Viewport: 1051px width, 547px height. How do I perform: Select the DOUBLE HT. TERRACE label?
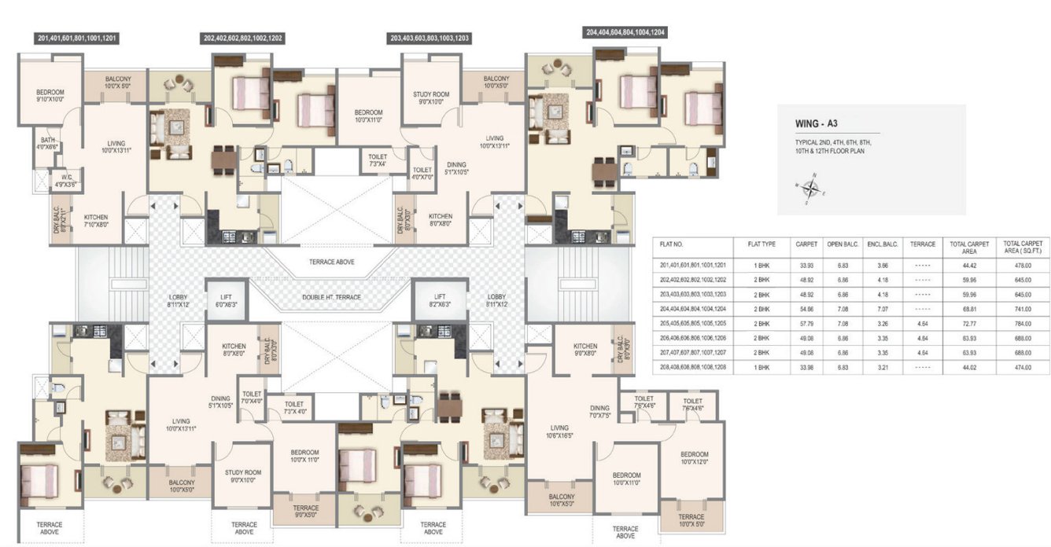click(x=330, y=298)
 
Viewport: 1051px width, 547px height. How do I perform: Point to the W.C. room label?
click(x=65, y=181)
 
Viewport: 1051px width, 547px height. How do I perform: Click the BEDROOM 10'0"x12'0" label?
click(x=695, y=458)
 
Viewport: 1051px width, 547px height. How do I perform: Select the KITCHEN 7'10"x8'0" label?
click(x=97, y=221)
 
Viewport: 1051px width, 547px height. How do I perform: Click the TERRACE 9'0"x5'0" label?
click(x=305, y=512)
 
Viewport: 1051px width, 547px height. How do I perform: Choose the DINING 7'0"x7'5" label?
click(x=599, y=411)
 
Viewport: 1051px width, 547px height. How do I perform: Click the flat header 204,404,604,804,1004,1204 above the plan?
click(x=625, y=33)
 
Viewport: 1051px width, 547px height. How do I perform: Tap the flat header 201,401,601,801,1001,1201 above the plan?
click(x=78, y=38)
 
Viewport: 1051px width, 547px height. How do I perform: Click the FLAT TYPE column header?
click(x=761, y=244)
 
